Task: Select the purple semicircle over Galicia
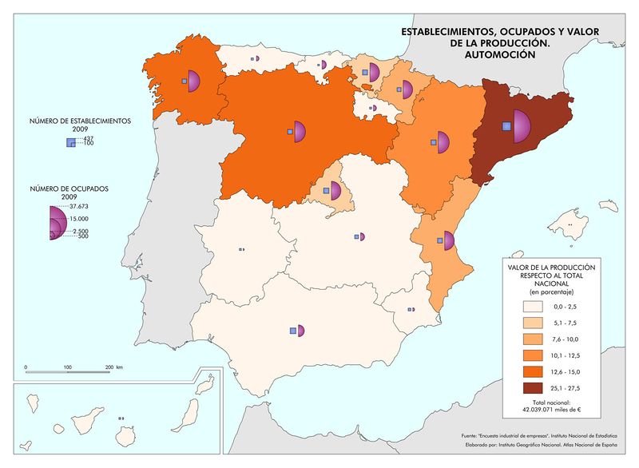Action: pyautogui.click(x=193, y=81)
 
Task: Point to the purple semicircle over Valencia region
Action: pyautogui.click(x=449, y=240)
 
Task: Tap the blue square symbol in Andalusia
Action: pyautogui.click(x=293, y=331)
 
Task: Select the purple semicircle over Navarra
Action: pyautogui.click(x=408, y=89)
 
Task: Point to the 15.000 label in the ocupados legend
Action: pyautogui.click(x=78, y=219)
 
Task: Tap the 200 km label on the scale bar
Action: pyautogui.click(x=113, y=367)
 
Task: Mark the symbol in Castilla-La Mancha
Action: pyautogui.click(x=360, y=237)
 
